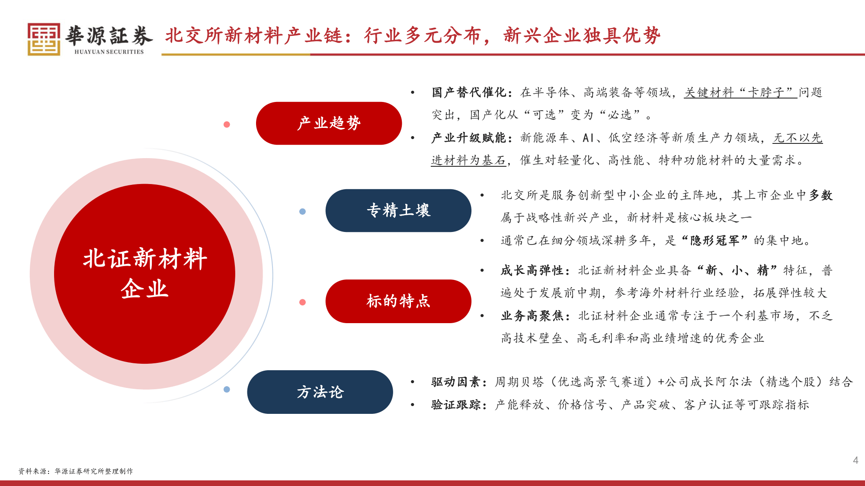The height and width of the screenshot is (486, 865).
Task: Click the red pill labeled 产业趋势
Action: (x=329, y=123)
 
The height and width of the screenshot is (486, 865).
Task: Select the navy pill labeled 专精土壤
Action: (x=398, y=210)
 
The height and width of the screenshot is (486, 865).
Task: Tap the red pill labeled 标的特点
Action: (x=398, y=301)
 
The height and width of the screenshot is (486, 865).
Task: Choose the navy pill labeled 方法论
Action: (x=320, y=392)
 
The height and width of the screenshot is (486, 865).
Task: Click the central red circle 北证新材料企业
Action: (x=144, y=274)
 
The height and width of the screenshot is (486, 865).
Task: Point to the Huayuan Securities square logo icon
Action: (x=44, y=39)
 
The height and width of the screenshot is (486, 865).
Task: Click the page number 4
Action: (x=855, y=460)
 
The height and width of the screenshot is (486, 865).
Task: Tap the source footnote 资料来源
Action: (x=76, y=471)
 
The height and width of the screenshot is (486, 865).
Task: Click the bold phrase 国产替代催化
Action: (x=469, y=92)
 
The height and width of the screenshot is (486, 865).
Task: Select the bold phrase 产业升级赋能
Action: (x=469, y=138)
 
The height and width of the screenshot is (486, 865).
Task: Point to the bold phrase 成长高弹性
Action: (x=532, y=270)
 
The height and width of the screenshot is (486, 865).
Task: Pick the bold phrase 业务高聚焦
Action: (x=532, y=316)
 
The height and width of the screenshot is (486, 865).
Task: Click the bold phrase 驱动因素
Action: (x=456, y=382)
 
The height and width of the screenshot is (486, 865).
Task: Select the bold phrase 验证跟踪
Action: (x=456, y=405)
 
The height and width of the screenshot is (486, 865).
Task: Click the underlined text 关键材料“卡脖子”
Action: (x=740, y=92)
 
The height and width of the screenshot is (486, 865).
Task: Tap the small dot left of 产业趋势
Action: (x=227, y=124)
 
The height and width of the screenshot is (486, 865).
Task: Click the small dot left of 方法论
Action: (x=227, y=389)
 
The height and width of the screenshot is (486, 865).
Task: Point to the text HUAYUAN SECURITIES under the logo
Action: (x=109, y=52)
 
